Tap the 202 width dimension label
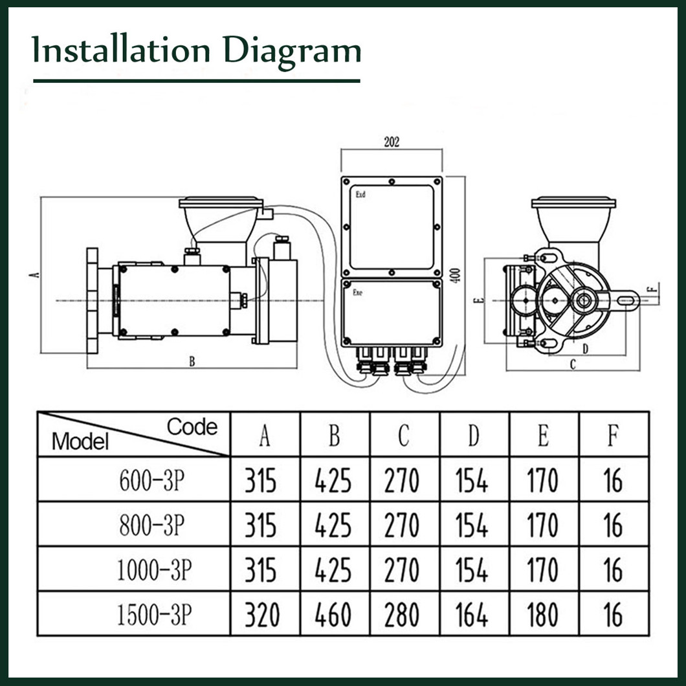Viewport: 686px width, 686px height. point(392,142)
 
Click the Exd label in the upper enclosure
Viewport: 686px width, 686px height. point(360,194)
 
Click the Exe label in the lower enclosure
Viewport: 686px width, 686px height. point(357,292)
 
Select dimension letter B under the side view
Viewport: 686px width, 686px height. point(192,362)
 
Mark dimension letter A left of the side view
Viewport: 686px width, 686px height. point(35,274)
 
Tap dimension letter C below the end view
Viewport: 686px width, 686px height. point(572,365)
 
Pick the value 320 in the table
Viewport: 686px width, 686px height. point(261,615)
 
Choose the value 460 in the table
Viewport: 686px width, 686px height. point(333,615)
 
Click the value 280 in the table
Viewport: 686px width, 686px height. point(402,615)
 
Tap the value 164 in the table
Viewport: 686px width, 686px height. point(472,615)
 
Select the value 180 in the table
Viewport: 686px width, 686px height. point(542,615)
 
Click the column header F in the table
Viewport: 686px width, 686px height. point(612,437)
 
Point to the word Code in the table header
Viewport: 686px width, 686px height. point(192,426)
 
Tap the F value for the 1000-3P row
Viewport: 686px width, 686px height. point(612,570)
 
